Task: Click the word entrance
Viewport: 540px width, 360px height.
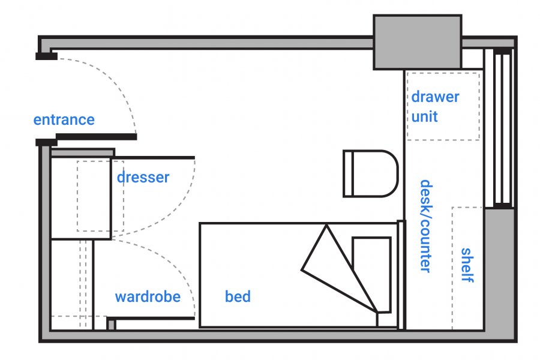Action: pyautogui.click(x=64, y=119)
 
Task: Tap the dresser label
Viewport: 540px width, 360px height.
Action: pyautogui.click(x=143, y=178)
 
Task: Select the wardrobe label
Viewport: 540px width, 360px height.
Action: pyautogui.click(x=148, y=296)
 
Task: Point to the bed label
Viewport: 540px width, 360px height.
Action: pyautogui.click(x=238, y=296)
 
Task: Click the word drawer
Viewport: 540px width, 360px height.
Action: pyautogui.click(x=435, y=97)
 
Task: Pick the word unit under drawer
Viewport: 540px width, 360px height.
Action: pyautogui.click(x=424, y=116)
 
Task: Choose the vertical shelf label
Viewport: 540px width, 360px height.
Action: pyautogui.click(x=467, y=265)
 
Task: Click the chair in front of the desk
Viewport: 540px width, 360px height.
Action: pyautogui.click(x=370, y=173)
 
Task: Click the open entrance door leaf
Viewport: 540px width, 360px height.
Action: pyautogui.click(x=96, y=137)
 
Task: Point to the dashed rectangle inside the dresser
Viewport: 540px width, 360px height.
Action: pyautogui.click(x=100, y=196)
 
